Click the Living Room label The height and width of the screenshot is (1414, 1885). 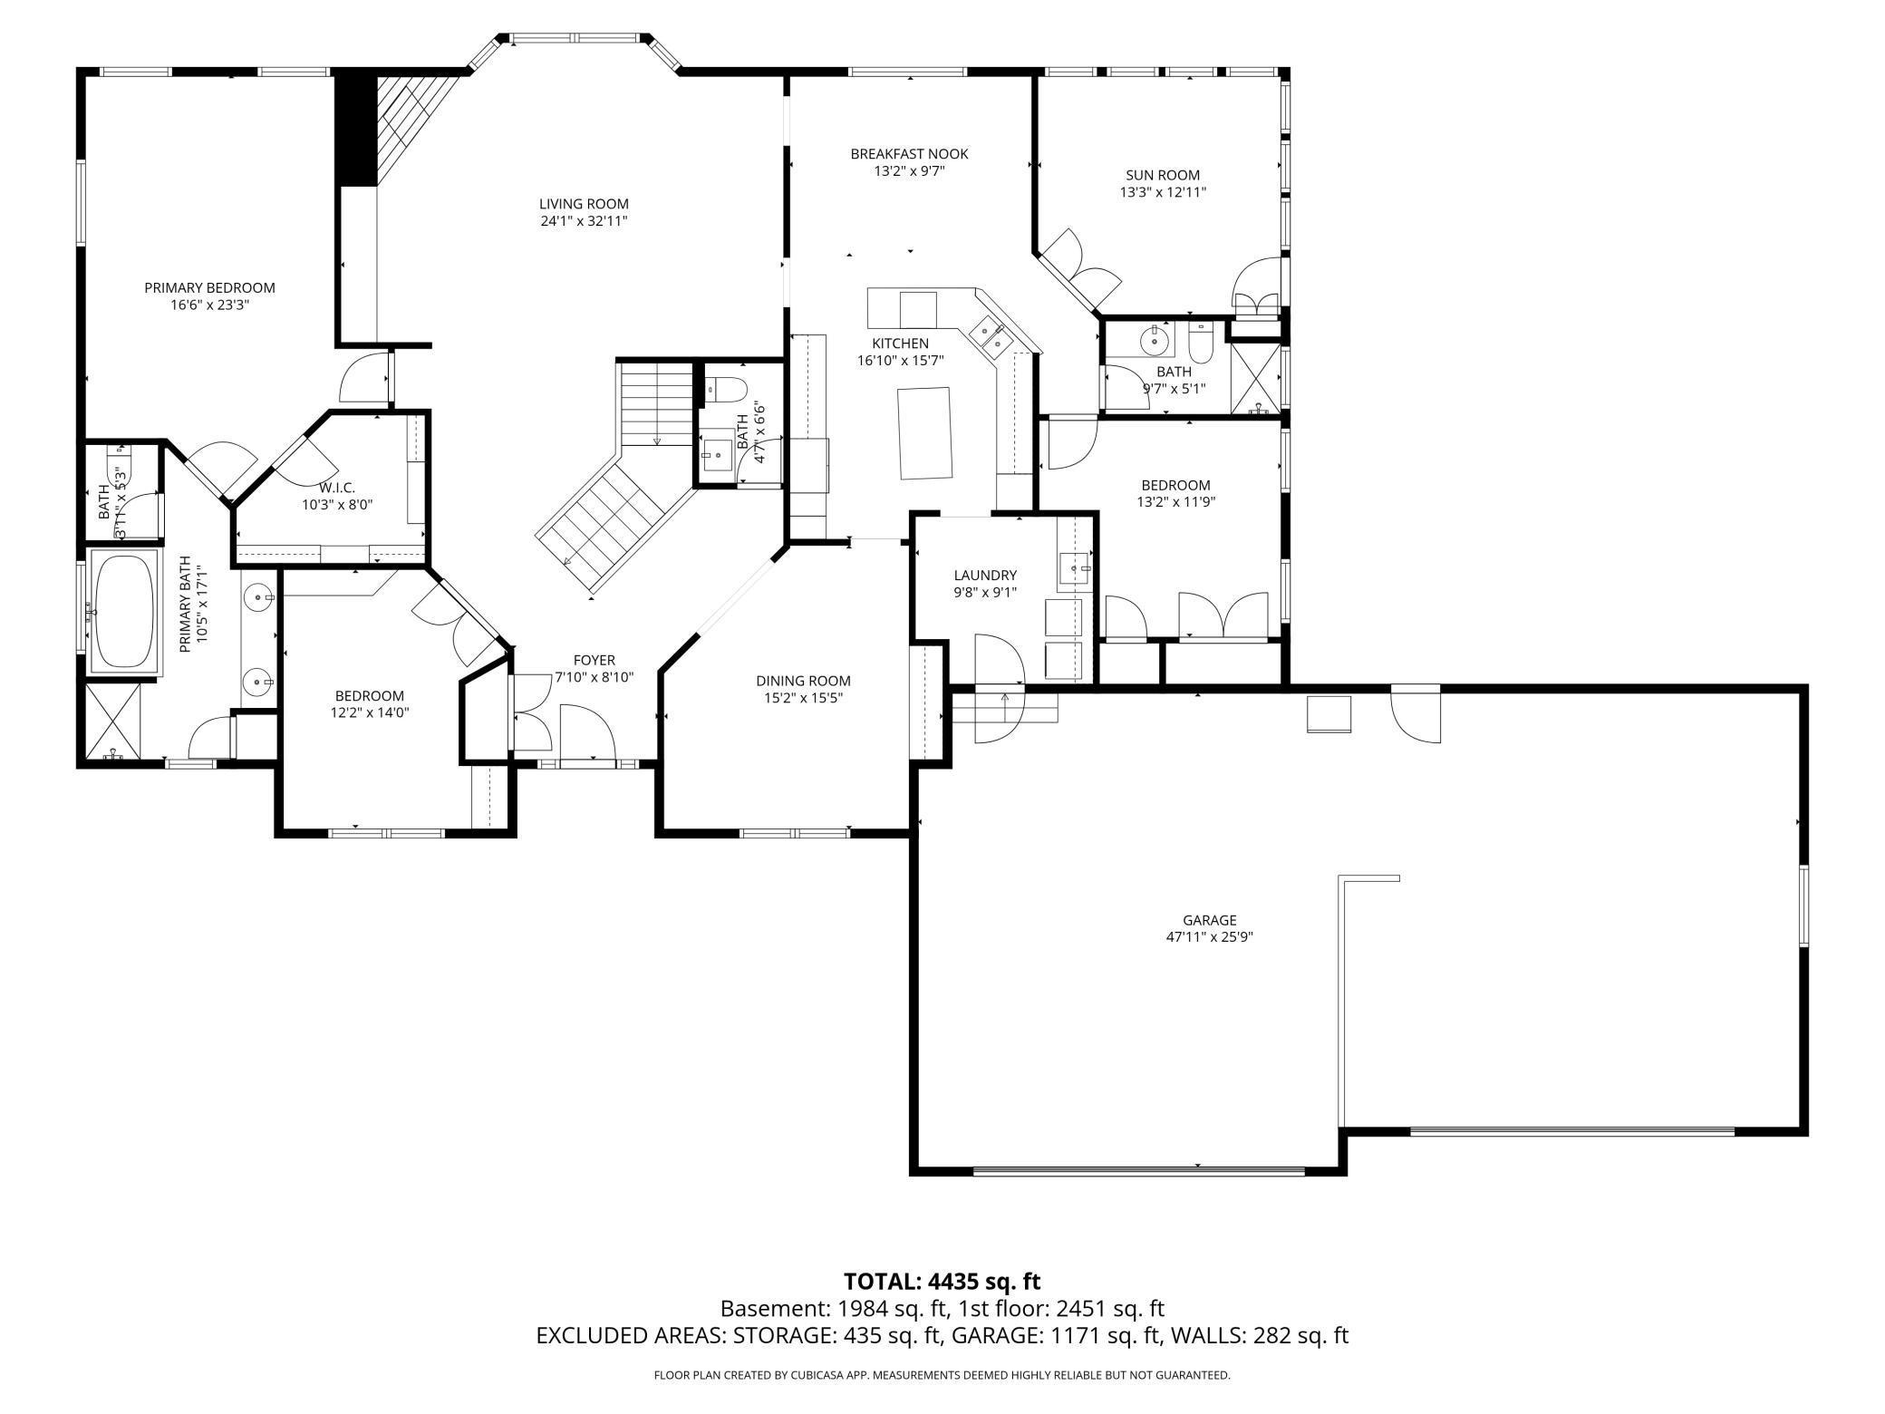[584, 204]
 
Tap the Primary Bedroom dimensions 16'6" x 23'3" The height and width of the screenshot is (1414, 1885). [209, 305]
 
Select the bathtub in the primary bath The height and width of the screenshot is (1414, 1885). [124, 612]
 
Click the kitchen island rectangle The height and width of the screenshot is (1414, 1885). [925, 432]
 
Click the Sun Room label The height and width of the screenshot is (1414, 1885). [1163, 175]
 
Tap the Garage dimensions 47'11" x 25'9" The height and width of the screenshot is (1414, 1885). [1209, 937]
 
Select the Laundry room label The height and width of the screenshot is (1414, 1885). [985, 575]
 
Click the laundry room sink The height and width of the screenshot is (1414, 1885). [1076, 569]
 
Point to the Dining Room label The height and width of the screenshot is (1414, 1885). [803, 681]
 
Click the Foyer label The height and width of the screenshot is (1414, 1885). [594, 660]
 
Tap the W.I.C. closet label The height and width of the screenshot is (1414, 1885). [336, 488]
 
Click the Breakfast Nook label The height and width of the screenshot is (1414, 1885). [909, 154]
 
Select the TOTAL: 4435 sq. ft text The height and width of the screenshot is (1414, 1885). [942, 1282]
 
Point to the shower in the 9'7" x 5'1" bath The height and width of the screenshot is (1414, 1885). [1255, 378]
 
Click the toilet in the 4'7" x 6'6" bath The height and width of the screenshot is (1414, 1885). [726, 391]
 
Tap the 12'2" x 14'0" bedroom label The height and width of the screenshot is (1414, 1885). [369, 695]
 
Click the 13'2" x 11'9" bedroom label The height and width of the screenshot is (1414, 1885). [1175, 485]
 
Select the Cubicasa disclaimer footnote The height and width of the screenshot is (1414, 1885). [942, 1375]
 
